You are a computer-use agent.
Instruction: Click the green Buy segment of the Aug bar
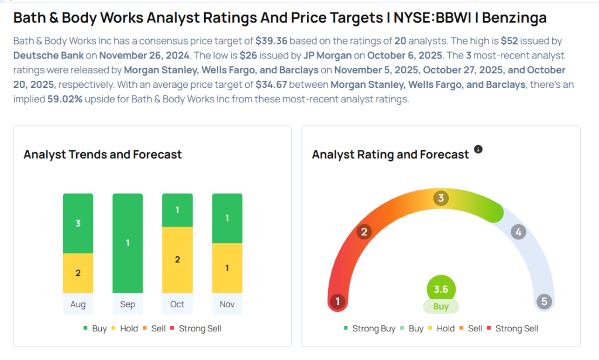78,223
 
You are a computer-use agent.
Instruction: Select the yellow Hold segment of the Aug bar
78,273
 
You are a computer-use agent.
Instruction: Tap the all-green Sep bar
128,243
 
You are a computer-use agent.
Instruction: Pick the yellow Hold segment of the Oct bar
177,259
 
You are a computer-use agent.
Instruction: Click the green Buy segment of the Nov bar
227,218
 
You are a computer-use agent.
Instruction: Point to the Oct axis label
177,304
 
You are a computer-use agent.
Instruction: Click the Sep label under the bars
128,304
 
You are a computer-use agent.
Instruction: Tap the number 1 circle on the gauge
338,302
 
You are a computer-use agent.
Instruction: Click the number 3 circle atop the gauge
441,198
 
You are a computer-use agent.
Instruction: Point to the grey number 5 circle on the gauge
544,302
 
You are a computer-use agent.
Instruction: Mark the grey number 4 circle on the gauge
518,232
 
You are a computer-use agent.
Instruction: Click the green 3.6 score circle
441,289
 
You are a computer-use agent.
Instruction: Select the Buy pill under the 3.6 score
441,307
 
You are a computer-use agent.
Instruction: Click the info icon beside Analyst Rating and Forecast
478,149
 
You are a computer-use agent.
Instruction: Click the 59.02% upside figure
66,99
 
